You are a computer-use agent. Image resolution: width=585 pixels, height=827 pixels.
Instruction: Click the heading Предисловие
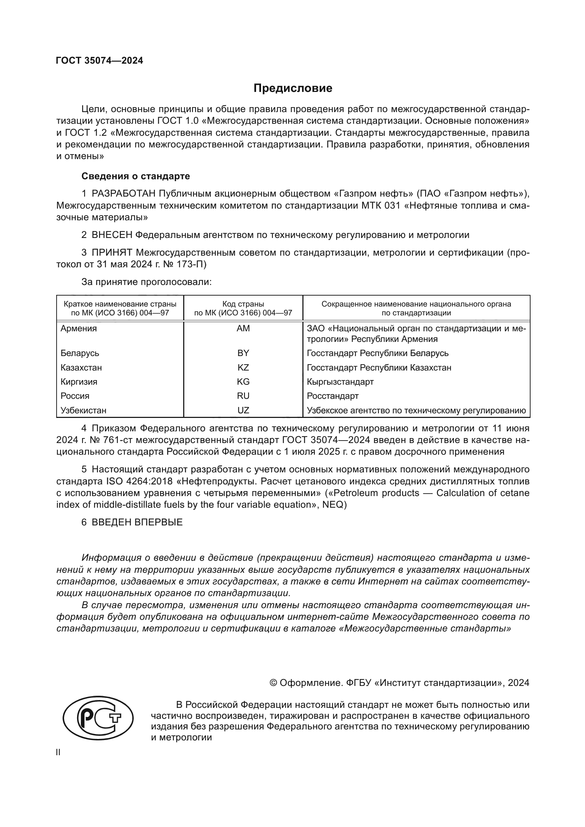pos(292,88)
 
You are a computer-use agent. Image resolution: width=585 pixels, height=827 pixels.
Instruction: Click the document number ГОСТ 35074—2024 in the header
pos(99,60)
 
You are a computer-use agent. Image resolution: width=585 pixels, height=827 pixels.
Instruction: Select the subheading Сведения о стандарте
pos(135,176)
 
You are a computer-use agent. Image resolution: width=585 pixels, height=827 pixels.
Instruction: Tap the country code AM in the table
pos(243,328)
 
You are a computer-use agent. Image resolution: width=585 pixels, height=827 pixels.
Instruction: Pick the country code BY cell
pos(243,353)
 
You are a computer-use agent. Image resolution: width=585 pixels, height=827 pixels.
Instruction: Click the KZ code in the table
pos(243,367)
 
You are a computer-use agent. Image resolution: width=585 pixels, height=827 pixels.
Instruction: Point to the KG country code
pos(243,382)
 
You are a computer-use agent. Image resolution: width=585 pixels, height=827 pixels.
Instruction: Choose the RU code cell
pos(243,396)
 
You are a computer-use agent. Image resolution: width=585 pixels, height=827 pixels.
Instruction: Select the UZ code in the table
pos(243,410)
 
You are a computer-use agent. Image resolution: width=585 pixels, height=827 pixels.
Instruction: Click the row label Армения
pos(79,328)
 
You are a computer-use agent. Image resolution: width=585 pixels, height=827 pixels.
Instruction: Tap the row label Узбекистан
pos(83,410)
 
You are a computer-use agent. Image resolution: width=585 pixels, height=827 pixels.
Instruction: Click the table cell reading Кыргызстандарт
pos(340,382)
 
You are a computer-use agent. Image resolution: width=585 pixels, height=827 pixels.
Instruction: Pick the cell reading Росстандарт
pos(332,396)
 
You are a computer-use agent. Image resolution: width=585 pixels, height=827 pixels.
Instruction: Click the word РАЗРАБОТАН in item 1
pos(123,194)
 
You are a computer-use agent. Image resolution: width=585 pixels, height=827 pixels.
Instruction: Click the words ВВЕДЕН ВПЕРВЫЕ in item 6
pos(137,522)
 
